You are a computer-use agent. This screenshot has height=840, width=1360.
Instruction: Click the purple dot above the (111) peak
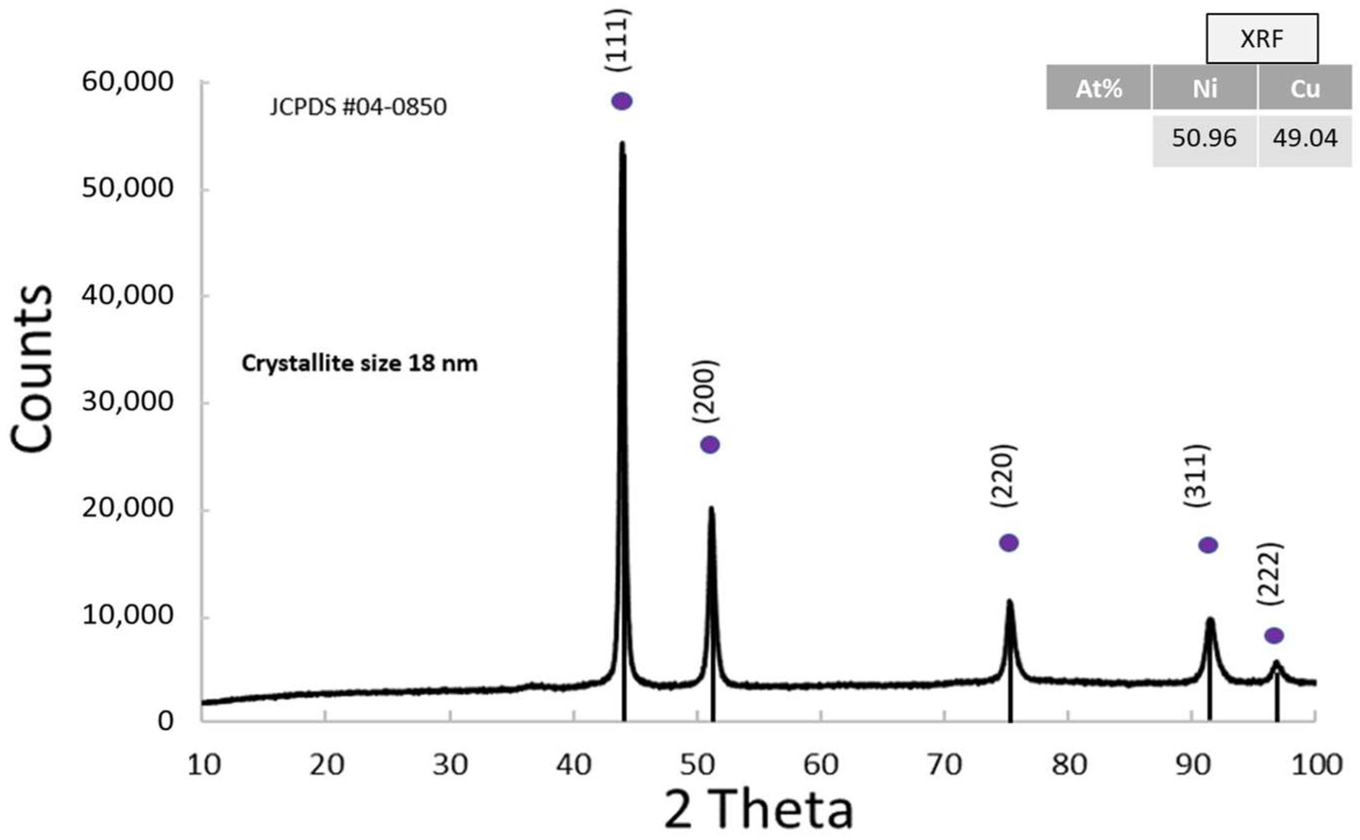[621, 101]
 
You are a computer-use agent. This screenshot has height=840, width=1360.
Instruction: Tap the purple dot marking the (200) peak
[710, 444]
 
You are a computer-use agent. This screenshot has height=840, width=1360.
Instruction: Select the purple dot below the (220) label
[1009, 543]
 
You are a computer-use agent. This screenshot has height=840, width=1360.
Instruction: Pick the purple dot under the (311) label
[1208, 545]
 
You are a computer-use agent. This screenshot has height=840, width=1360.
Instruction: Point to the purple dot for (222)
[1274, 635]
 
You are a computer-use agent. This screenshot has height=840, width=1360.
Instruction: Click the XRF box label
[1261, 39]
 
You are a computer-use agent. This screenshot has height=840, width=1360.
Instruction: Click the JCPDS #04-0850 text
[358, 106]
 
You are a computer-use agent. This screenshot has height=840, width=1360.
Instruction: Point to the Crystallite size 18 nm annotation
[359, 363]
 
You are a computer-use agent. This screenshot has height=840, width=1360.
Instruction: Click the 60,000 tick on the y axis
[128, 82]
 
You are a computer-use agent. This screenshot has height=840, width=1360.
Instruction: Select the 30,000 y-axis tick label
[128, 401]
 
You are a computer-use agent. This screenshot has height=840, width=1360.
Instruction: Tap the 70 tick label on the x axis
[944, 765]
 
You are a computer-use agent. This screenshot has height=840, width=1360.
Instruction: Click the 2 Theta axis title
[758, 811]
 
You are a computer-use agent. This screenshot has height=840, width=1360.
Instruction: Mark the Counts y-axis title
[31, 369]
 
